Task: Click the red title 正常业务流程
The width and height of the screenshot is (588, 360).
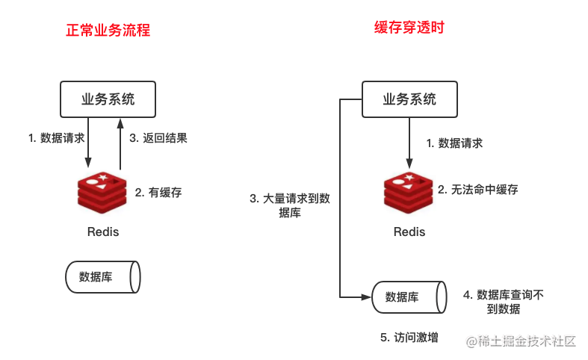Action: [108, 31]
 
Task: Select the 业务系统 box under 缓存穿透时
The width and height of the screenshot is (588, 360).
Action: [409, 99]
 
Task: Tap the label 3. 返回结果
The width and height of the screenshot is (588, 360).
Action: [158, 138]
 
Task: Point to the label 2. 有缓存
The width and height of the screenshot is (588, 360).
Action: [158, 192]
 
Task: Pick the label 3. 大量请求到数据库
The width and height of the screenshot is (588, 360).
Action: [289, 205]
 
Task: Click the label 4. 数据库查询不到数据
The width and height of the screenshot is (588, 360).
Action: [503, 302]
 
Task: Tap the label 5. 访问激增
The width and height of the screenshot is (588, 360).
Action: [408, 338]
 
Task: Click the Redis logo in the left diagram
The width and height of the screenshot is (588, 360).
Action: [102, 193]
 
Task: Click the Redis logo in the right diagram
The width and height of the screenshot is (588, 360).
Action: [409, 193]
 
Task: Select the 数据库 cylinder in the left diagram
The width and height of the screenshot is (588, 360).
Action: [102, 276]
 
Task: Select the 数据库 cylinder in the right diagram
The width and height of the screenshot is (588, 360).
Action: [409, 297]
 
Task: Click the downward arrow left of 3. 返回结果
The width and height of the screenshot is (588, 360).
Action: [88, 146]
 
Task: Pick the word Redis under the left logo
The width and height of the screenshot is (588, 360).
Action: [102, 232]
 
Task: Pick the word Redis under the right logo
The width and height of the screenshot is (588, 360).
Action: [409, 232]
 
